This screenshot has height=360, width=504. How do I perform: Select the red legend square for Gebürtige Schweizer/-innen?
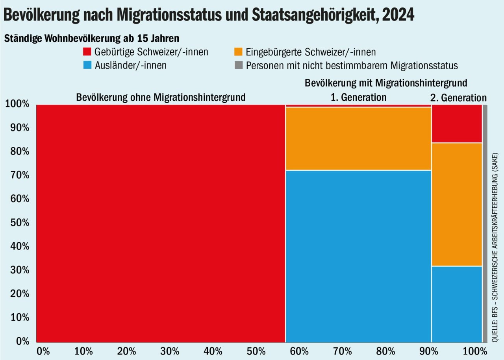(x=87, y=52)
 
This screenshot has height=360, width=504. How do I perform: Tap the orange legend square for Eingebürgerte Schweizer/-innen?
(x=238, y=52)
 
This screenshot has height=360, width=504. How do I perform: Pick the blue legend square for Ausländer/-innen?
(x=87, y=65)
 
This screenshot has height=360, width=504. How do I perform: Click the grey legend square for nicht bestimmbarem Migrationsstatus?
(x=238, y=65)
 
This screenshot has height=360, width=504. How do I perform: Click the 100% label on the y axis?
(x=17, y=104)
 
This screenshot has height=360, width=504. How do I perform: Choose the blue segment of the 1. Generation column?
(x=358, y=256)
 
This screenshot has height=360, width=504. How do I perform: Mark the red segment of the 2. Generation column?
(x=457, y=124)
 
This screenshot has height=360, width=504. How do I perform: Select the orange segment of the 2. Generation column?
(x=457, y=205)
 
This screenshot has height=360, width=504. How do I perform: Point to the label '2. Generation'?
(x=458, y=98)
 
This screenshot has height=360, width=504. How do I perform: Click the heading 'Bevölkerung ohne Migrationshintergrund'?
(x=161, y=97)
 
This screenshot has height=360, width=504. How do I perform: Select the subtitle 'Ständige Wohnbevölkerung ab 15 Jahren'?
(x=92, y=39)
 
